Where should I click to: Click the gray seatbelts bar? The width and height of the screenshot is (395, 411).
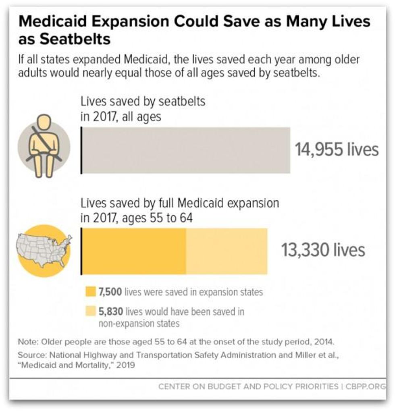186,150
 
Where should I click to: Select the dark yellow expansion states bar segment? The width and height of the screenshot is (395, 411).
134,251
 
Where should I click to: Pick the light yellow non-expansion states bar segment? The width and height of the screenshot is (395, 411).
227,251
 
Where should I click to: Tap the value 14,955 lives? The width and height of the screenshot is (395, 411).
337,150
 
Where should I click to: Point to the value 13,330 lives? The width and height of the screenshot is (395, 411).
323,250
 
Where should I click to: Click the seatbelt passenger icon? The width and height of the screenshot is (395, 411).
44,146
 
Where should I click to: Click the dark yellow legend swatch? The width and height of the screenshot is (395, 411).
90,292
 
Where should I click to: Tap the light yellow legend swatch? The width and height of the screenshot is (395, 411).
90,311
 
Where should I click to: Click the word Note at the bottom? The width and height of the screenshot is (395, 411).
27,342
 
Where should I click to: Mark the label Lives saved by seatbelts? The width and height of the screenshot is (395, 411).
143,101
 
